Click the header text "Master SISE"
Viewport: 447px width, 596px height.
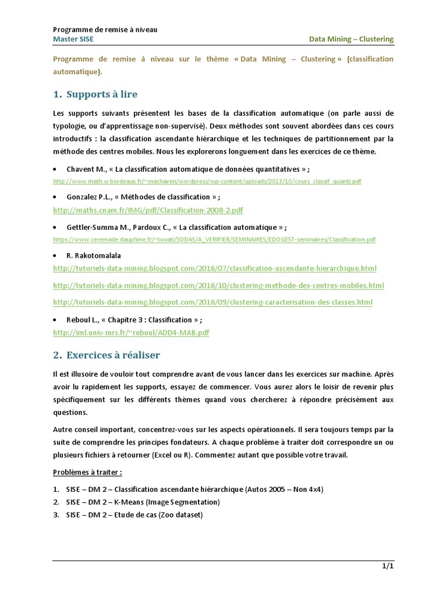coord(73,39)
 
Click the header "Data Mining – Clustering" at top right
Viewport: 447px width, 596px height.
coord(350,39)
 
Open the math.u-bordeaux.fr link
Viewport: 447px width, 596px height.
coord(207,181)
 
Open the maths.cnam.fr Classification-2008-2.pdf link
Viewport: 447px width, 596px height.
coord(148,210)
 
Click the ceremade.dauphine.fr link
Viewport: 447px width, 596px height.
coord(214,239)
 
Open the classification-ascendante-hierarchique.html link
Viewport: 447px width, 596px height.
coord(214,268)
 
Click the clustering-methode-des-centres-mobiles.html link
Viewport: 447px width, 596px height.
coord(218,286)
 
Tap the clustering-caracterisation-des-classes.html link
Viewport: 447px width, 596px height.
coord(212,302)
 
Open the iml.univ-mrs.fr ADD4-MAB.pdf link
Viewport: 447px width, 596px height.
coord(130,332)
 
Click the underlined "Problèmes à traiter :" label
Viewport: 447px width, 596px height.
coord(87,472)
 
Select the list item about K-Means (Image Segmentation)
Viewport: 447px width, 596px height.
coord(143,502)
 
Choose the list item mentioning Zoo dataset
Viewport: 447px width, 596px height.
coord(134,515)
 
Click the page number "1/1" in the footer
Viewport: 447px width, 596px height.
coord(388,566)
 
